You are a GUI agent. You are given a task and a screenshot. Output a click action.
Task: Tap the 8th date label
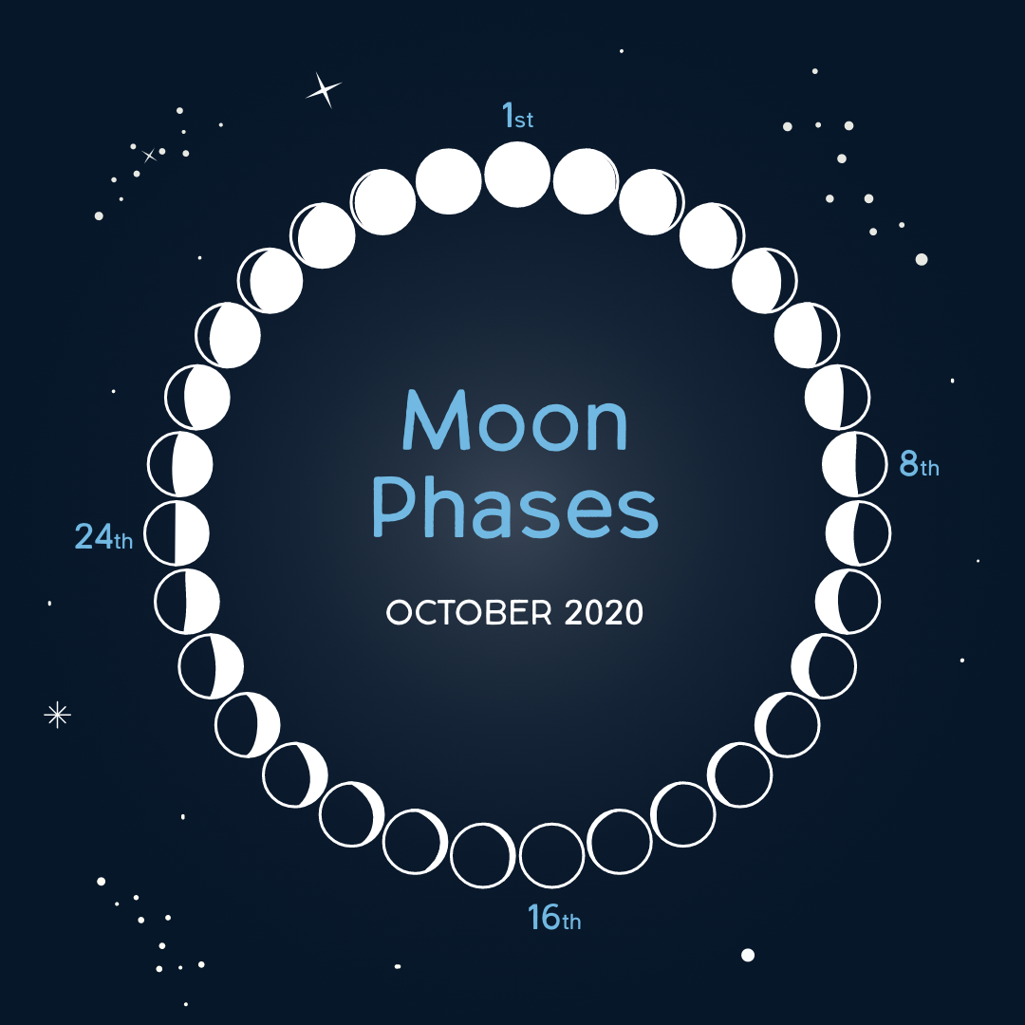(x=919, y=463)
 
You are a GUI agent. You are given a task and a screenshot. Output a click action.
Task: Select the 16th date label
(x=554, y=917)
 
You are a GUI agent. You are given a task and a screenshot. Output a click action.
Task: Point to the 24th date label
(x=103, y=536)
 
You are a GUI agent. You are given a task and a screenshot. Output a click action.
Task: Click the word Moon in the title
(x=515, y=420)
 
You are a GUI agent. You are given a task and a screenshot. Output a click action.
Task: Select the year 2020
(x=604, y=612)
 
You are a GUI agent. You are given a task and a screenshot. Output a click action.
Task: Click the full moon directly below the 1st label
(x=517, y=174)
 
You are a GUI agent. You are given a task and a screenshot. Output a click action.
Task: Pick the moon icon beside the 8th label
(x=854, y=464)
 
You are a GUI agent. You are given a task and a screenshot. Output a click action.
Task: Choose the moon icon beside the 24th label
(x=177, y=532)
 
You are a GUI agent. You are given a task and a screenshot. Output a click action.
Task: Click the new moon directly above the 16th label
(x=551, y=855)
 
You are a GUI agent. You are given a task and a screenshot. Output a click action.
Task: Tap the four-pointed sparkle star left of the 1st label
(x=324, y=89)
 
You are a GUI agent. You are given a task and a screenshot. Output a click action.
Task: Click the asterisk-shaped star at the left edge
(x=58, y=715)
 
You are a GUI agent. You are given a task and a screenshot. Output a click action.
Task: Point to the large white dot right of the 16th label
(x=748, y=955)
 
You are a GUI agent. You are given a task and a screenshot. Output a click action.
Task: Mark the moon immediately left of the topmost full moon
(x=448, y=181)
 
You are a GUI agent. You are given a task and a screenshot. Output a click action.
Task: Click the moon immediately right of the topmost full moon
(x=586, y=181)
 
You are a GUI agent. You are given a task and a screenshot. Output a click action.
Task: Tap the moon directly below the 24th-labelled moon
(x=187, y=602)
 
